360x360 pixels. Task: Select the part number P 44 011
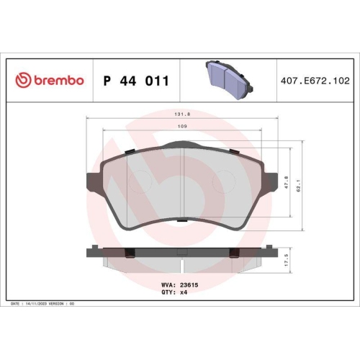pyautogui.click(x=137, y=81)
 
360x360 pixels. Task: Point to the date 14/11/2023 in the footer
pyautogui.click(x=38, y=305)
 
